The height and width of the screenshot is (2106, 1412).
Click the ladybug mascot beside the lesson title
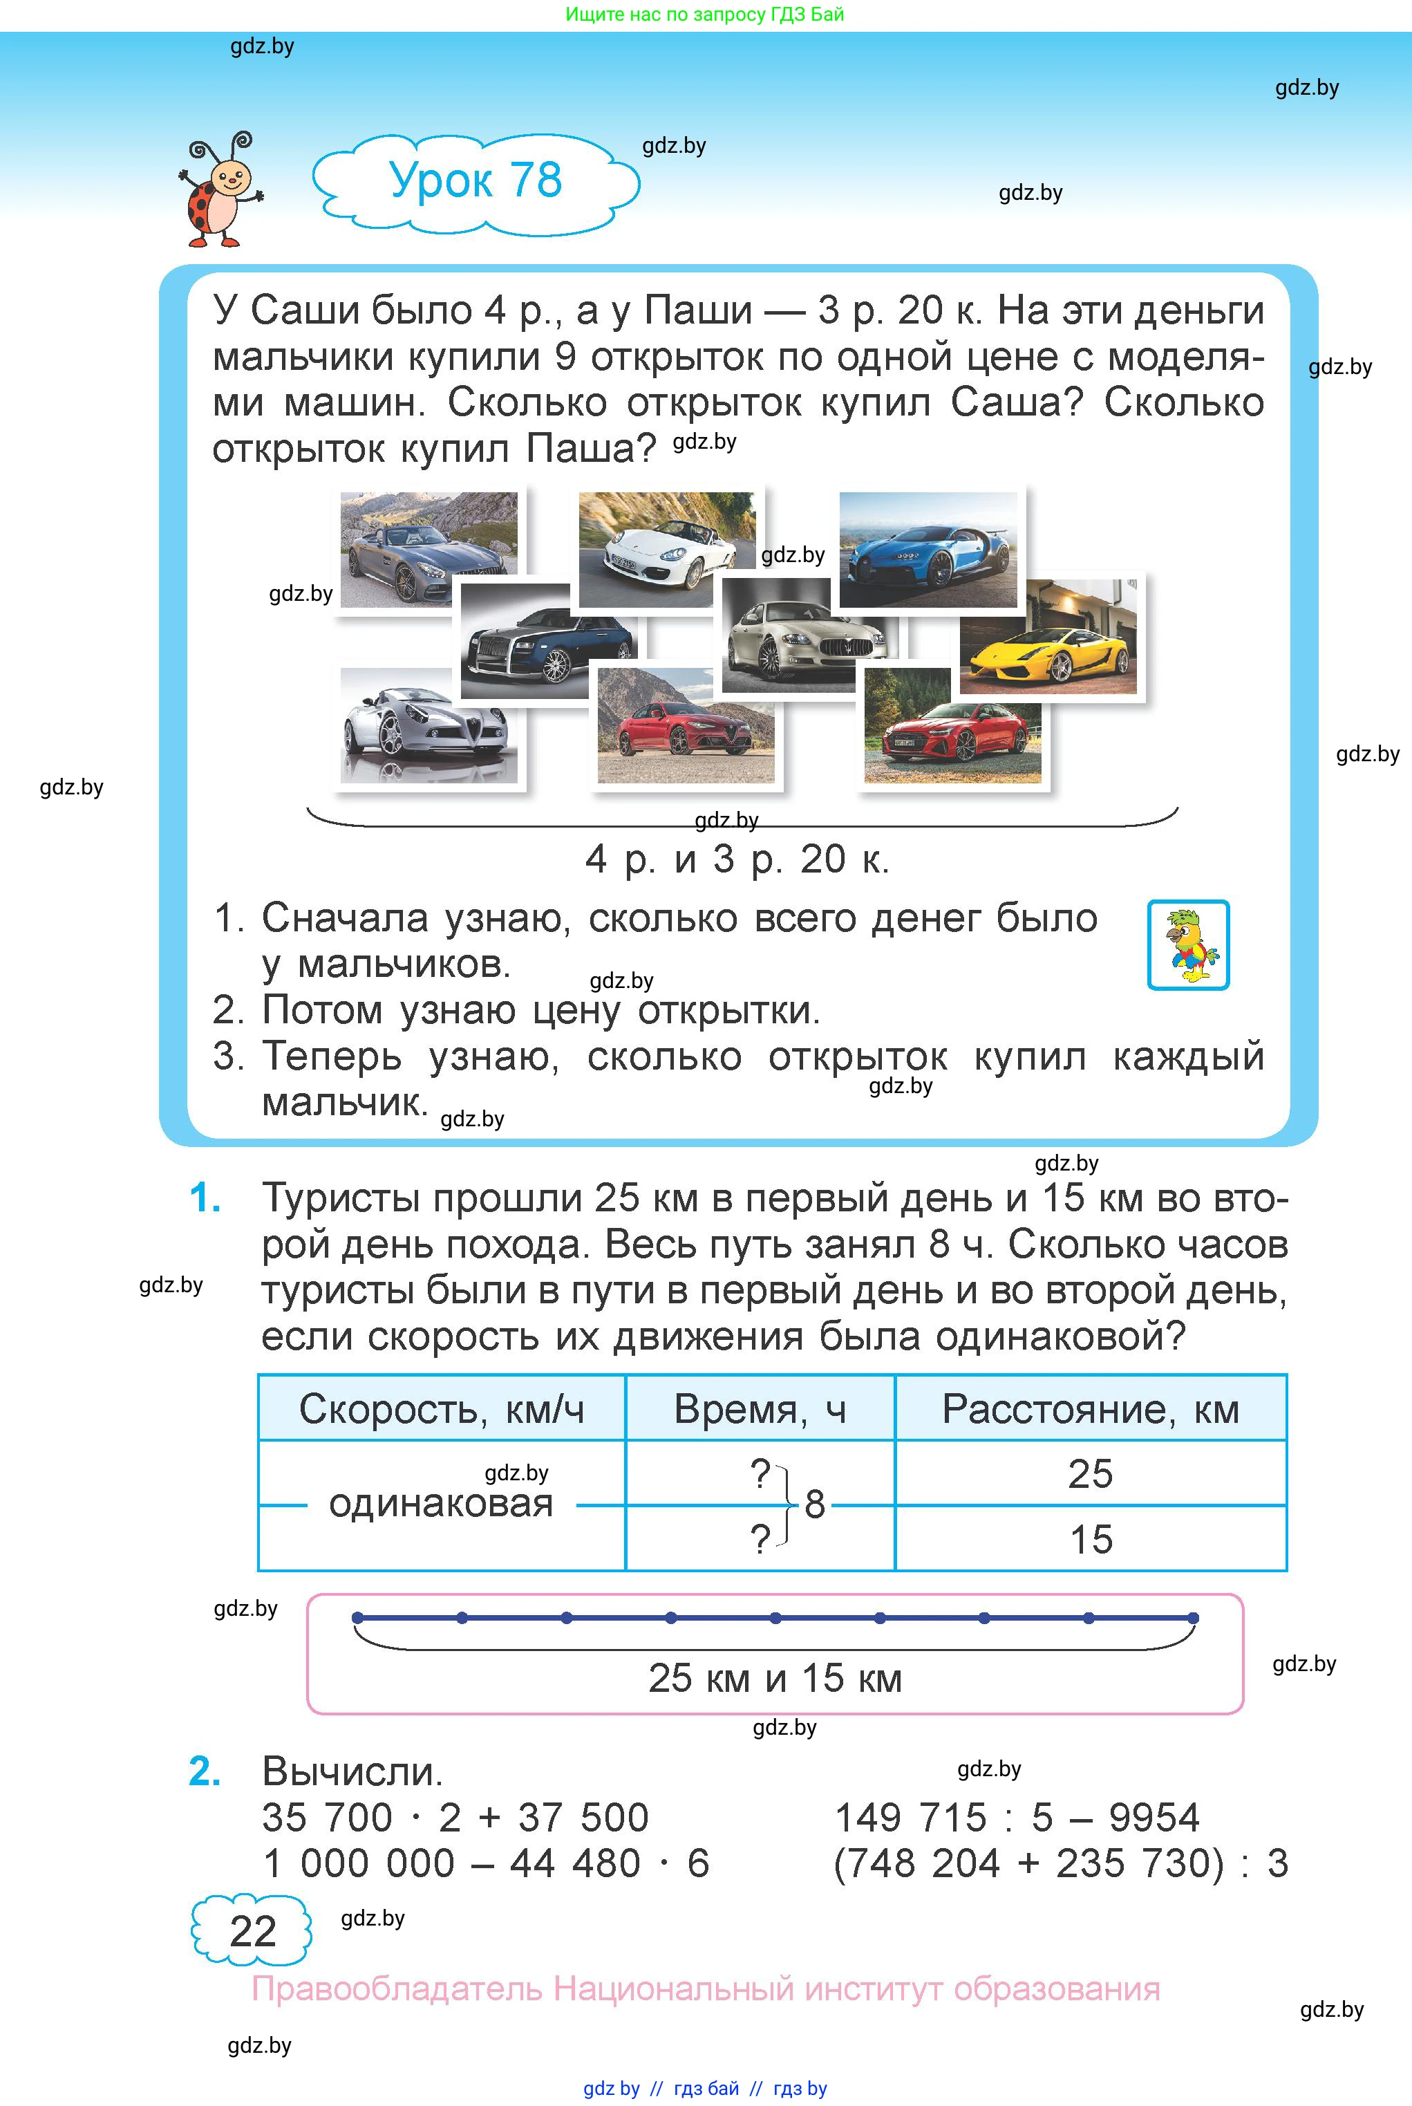click(219, 190)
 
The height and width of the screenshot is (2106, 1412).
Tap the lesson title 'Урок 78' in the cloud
click(476, 180)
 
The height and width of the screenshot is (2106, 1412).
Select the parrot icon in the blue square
click(1188, 945)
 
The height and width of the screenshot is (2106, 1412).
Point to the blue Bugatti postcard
click(928, 550)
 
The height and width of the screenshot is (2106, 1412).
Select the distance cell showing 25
click(1091, 1473)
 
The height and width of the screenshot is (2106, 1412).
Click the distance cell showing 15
click(1091, 1538)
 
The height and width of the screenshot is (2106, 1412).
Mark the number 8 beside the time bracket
click(815, 1503)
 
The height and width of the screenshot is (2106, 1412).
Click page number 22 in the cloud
click(252, 1931)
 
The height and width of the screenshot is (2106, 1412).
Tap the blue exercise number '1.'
click(205, 1198)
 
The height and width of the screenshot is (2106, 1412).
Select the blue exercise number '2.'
click(205, 1771)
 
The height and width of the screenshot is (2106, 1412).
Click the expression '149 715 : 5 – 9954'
click(1017, 1817)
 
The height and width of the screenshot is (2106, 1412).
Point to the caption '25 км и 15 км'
click(775, 1678)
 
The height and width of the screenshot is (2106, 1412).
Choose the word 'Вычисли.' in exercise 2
click(352, 1771)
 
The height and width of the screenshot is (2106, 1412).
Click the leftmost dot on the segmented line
click(357, 1618)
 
